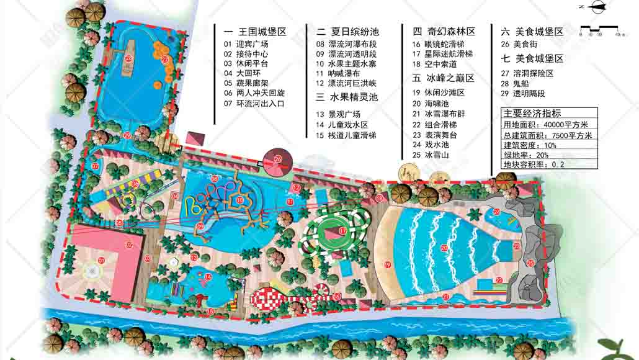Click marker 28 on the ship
[128, 58]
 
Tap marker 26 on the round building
[278, 160]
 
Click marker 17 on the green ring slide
[342, 231]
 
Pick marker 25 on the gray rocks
[530, 263]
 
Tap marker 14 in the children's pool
[208, 277]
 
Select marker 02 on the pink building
[129, 245]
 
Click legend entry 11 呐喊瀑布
[339, 73]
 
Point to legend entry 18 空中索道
[434, 64]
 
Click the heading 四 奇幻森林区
[444, 31]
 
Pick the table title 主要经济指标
[532, 113]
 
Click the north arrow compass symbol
[599, 7]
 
